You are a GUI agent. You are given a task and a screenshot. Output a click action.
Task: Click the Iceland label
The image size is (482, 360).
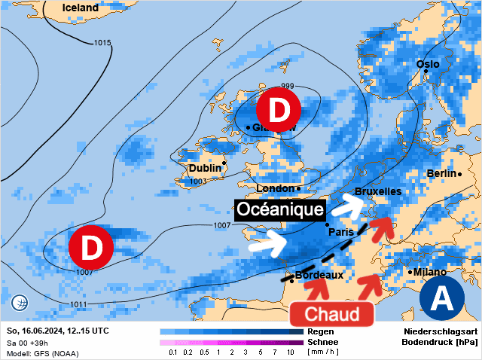(80, 8)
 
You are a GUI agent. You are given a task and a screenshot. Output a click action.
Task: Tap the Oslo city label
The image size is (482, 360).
(428, 64)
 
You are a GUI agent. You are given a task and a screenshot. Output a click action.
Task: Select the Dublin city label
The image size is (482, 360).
(206, 167)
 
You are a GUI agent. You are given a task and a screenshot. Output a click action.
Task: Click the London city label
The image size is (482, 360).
(276, 188)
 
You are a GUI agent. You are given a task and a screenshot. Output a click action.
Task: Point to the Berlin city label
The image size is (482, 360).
(441, 173)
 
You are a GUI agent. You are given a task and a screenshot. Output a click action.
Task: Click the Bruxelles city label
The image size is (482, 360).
(377, 192)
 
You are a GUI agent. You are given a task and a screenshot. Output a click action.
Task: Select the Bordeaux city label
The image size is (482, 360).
(319, 275)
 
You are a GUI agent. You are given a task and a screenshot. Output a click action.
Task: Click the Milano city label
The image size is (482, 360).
(429, 272)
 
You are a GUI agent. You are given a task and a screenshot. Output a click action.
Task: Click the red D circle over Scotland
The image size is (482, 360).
(279, 110)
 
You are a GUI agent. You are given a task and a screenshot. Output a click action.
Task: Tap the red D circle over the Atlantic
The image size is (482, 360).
(90, 246)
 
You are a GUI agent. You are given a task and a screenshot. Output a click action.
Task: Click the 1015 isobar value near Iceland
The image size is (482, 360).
(103, 42)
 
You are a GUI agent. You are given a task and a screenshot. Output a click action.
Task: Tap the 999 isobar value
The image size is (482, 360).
(287, 86)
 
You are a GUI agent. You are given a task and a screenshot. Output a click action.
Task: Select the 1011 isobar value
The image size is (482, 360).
(78, 304)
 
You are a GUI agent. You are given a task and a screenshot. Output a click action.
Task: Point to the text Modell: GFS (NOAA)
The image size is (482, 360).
(42, 352)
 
